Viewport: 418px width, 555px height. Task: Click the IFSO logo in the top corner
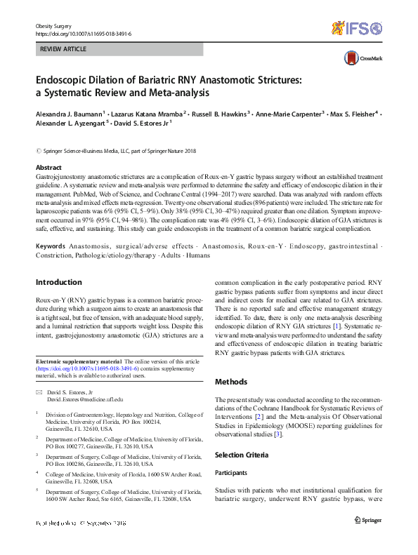pos(356,29)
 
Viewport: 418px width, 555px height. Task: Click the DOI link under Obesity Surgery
pos(83,33)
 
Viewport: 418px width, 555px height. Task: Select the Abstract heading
pos(48,168)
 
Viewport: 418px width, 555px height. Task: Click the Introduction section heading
pos(59,282)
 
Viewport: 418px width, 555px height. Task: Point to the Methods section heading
pos(231,382)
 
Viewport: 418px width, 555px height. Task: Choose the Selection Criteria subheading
pos(241,455)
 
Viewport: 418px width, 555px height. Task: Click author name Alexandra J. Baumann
pos(68,113)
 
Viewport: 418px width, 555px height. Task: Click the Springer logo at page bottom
pos(367,520)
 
